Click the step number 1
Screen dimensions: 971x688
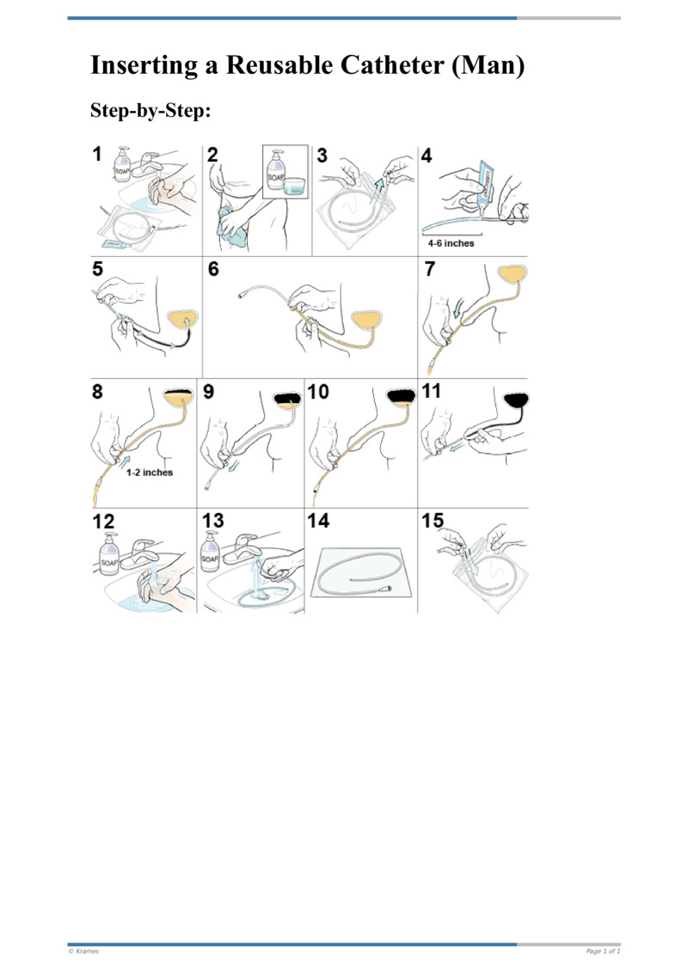98,154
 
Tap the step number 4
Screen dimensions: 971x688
427,155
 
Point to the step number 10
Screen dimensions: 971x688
317,392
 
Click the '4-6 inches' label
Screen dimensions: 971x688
451,243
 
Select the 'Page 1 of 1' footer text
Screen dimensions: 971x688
603,951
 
